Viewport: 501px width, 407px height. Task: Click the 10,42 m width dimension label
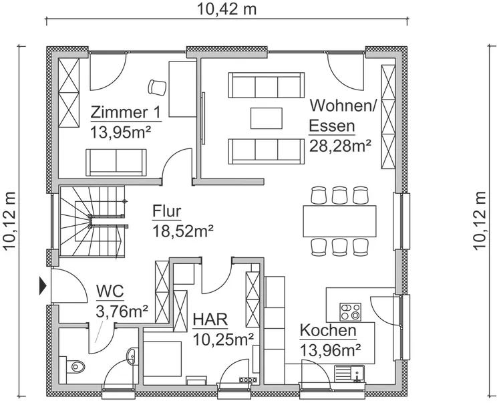(226, 9)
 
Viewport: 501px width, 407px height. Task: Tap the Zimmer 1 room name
(126, 112)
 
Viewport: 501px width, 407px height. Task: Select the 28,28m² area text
(340, 146)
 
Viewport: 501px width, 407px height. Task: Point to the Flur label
(167, 211)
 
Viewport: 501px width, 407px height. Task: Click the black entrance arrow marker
(43, 286)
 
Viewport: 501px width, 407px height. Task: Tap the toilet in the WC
(72, 366)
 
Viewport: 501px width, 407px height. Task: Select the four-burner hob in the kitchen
(351, 312)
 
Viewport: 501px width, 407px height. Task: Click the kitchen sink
(349, 374)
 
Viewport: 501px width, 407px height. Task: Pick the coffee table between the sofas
(266, 118)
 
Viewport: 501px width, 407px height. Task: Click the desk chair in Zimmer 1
(157, 88)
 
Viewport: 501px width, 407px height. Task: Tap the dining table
(339, 221)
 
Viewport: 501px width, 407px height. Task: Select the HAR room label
(210, 319)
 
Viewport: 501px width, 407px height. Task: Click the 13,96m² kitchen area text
(331, 350)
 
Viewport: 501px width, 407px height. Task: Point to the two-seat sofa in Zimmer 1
(116, 162)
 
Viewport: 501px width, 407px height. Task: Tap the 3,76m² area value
(122, 311)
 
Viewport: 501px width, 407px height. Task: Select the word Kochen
(328, 331)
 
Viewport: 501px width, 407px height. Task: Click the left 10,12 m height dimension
(9, 221)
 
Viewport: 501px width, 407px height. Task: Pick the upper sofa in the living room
(266, 85)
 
